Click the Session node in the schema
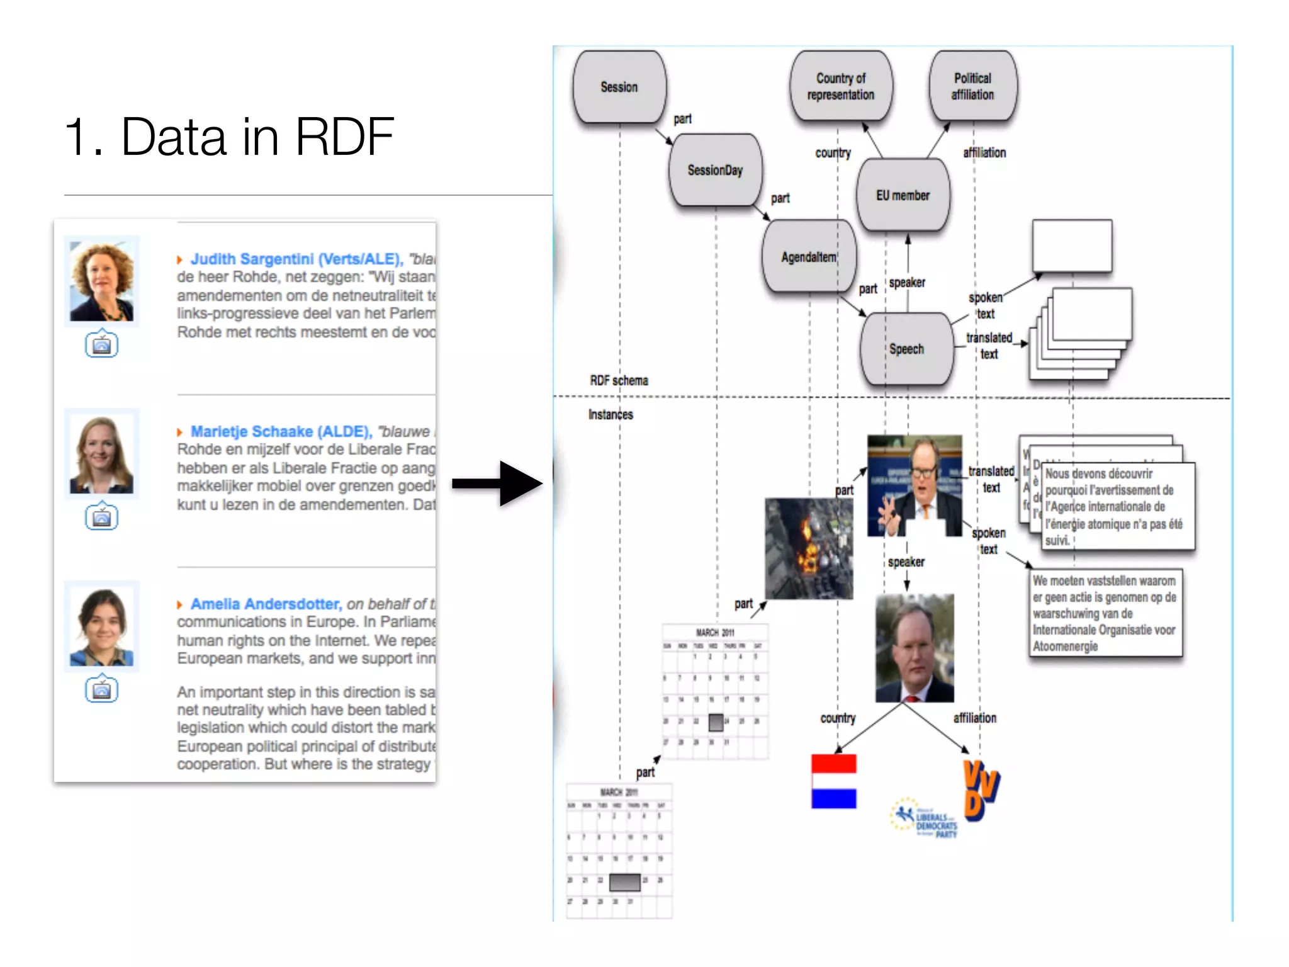pos(619,87)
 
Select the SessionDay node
pos(715,170)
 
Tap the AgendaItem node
pos(809,257)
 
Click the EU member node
pos(903,195)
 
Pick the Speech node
pos(906,349)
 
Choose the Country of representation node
pos(841,86)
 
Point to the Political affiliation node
pos(972,86)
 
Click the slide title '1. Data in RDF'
pos(229,137)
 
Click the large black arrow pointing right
pos(497,483)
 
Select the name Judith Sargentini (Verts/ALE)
pos(296,259)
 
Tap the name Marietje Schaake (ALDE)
pos(281,431)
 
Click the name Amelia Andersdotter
pos(266,604)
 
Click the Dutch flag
pos(833,781)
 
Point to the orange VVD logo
pos(981,790)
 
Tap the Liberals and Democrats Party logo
pos(924,818)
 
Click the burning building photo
pos(809,548)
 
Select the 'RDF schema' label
pos(619,380)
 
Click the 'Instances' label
pos(611,414)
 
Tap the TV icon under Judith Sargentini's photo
pos(101,344)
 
